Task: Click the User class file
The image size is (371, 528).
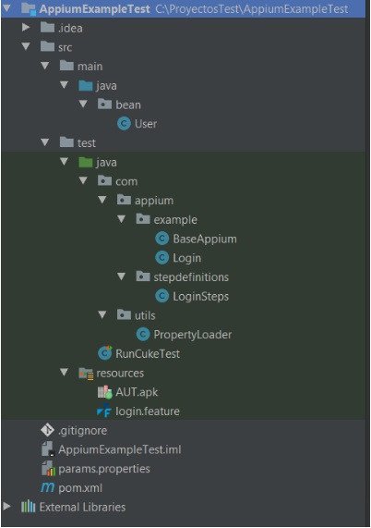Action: [x=146, y=124]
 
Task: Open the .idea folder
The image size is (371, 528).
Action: [x=70, y=29]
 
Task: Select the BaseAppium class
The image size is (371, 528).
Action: [x=205, y=239]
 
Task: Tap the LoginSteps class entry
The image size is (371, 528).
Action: [x=200, y=296]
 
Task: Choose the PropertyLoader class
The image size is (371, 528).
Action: [x=193, y=335]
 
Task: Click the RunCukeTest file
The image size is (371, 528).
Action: [x=148, y=353]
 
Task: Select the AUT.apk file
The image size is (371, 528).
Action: [x=137, y=392]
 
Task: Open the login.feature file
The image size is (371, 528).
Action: [x=147, y=411]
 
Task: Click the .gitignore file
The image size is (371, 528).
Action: [x=82, y=431]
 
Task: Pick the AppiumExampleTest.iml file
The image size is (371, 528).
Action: [x=120, y=450]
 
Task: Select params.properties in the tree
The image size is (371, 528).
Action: [x=104, y=469]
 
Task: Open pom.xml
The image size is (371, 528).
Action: [x=80, y=488]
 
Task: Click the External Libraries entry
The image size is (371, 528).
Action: [x=82, y=507]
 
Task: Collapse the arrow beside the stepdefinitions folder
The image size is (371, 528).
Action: [x=121, y=277]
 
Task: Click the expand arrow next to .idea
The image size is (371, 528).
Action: [x=26, y=27]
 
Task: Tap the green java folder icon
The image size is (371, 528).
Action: [x=85, y=163]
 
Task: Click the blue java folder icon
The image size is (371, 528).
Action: [x=85, y=85]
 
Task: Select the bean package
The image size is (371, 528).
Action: [x=128, y=104]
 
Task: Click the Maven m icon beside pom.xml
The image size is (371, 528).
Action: [x=47, y=487]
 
